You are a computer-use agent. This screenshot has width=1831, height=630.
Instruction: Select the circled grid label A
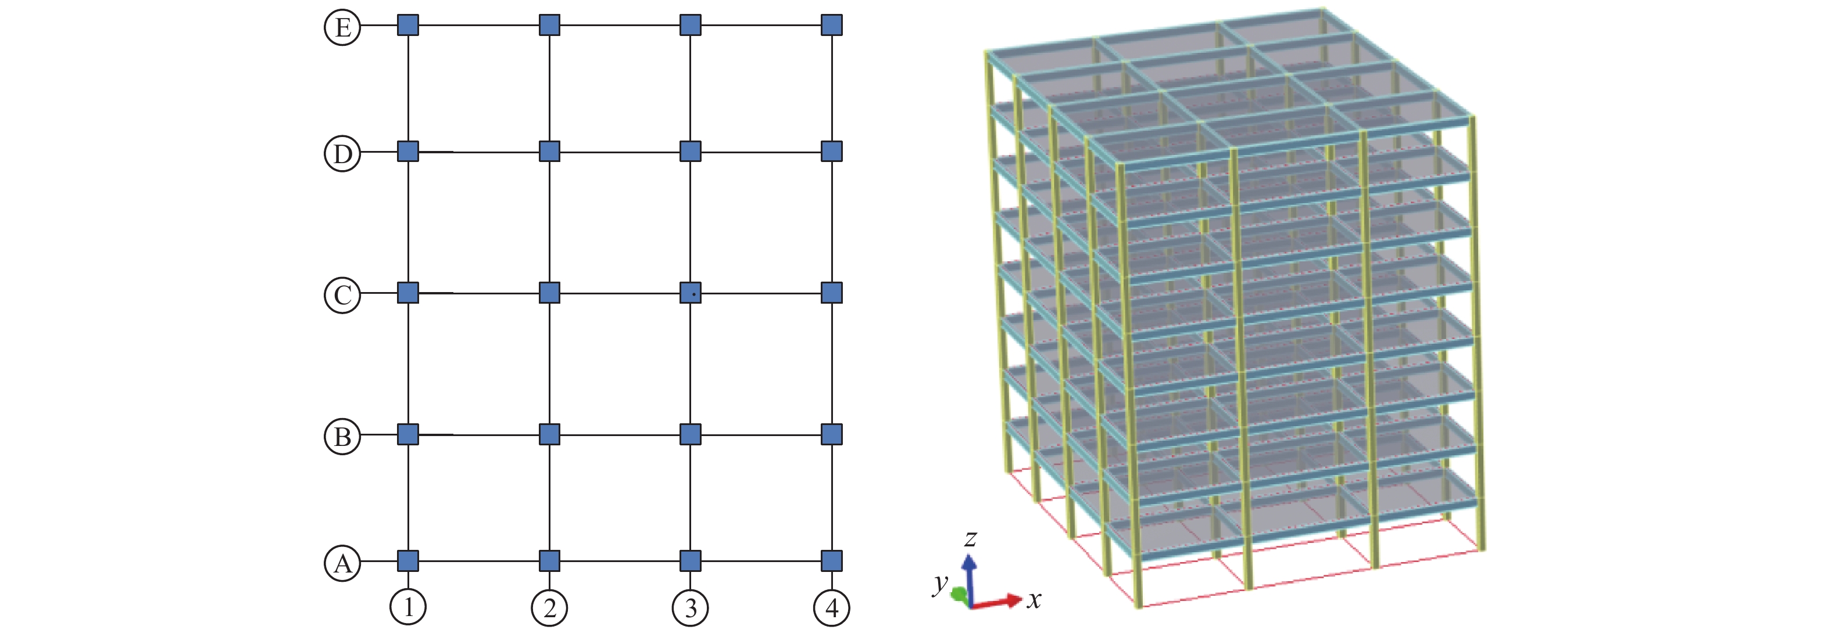point(342,563)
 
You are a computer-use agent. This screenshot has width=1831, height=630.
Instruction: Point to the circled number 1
point(408,607)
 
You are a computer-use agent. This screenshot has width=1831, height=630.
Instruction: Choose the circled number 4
point(832,607)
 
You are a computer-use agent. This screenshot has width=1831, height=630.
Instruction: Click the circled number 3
point(690,607)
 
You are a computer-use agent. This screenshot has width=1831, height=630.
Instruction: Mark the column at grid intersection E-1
point(408,26)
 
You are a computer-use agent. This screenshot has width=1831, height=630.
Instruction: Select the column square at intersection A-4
point(832,561)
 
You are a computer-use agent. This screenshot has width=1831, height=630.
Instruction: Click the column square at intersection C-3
point(690,293)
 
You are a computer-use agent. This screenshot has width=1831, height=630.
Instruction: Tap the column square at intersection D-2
point(549,152)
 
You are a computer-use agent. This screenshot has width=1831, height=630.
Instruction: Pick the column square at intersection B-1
point(408,434)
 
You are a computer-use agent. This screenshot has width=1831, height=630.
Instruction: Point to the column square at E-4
point(832,26)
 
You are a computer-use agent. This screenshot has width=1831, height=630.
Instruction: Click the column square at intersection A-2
point(549,561)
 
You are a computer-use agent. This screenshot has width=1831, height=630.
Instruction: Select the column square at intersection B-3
point(690,434)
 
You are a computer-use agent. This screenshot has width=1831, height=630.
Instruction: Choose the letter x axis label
point(1034,600)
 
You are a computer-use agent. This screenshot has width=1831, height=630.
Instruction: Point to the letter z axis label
point(971,538)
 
